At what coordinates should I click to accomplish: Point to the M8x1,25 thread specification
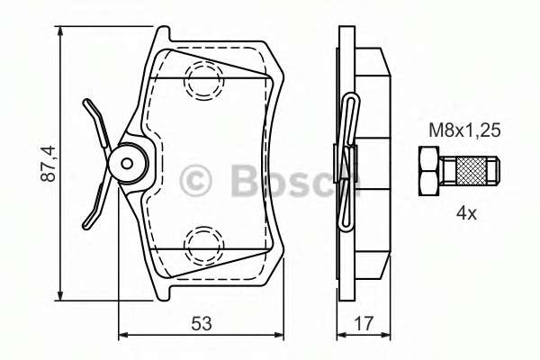pyautogui.click(x=462, y=130)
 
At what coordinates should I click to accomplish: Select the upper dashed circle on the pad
pyautogui.click(x=201, y=82)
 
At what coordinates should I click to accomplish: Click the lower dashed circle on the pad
pyautogui.click(x=201, y=244)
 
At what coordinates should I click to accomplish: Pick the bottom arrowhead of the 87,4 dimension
pyautogui.click(x=60, y=296)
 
